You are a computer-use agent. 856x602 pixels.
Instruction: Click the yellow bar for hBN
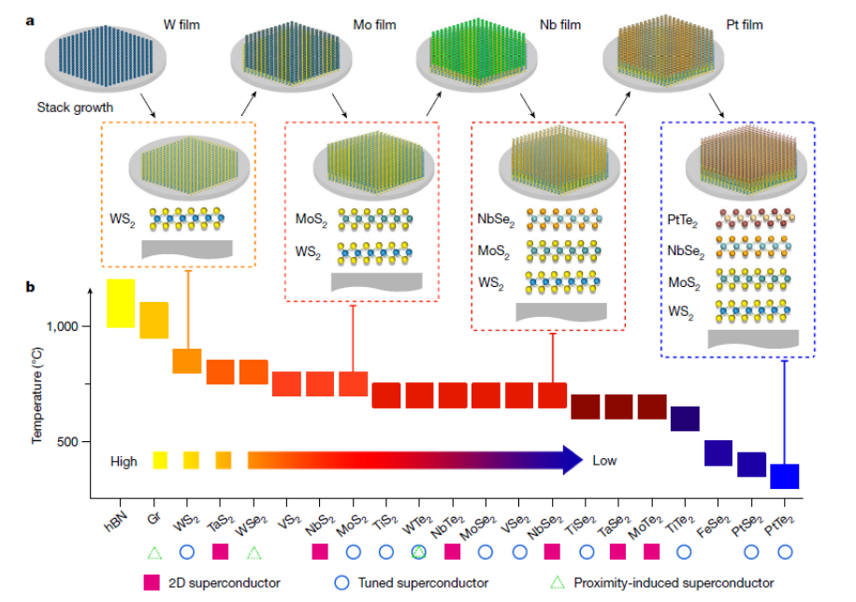121,303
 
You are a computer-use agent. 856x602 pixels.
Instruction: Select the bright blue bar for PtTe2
785,476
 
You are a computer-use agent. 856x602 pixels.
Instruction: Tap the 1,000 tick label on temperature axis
63,326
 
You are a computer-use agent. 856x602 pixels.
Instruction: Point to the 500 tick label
67,441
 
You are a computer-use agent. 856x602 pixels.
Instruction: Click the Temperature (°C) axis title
37,395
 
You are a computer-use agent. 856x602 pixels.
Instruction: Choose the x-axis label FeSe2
714,526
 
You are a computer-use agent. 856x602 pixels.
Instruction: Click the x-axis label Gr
154,518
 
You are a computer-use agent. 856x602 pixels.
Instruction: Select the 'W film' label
181,25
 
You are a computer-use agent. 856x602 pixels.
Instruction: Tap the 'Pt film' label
745,25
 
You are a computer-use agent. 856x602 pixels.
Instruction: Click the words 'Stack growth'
76,107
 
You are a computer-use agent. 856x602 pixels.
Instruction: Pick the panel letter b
31,287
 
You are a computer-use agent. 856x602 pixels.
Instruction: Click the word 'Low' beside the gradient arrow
604,461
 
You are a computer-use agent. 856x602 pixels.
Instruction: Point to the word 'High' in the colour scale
123,462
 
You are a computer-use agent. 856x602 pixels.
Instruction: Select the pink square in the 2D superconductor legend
152,582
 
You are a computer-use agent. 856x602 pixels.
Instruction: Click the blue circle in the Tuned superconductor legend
341,582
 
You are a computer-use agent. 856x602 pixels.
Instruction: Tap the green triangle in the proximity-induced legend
557,582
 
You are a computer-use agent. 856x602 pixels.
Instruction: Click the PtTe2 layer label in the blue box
682,221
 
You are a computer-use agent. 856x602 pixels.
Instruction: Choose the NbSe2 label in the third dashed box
496,219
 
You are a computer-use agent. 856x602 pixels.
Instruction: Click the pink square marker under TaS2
220,552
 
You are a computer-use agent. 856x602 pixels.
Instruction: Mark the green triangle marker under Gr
154,552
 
